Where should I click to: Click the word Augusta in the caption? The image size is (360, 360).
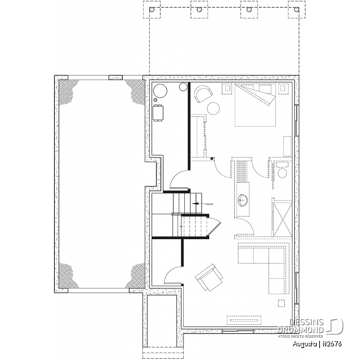[x=305, y=344]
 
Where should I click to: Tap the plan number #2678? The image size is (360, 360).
[x=332, y=344]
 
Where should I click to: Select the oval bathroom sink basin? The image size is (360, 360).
[x=242, y=199]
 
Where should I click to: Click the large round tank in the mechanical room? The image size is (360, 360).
[x=160, y=91]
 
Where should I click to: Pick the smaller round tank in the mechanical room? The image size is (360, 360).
[x=184, y=87]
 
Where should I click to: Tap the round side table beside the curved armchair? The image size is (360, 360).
[x=213, y=108]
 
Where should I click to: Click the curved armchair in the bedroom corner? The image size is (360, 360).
[x=204, y=94]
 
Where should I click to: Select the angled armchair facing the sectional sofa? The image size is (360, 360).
[x=209, y=278]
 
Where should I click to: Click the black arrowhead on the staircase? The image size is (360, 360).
[x=196, y=204]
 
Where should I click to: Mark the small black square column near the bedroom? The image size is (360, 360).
[x=212, y=158]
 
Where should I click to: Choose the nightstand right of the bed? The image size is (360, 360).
[x=284, y=89]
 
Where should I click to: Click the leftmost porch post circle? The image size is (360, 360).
[x=152, y=10]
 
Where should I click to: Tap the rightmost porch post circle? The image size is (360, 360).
[x=297, y=10]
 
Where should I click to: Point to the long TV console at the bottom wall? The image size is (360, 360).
[x=244, y=320]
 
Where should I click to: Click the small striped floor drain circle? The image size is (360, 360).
[x=156, y=100]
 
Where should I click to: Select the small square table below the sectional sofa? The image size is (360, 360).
[x=281, y=303]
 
